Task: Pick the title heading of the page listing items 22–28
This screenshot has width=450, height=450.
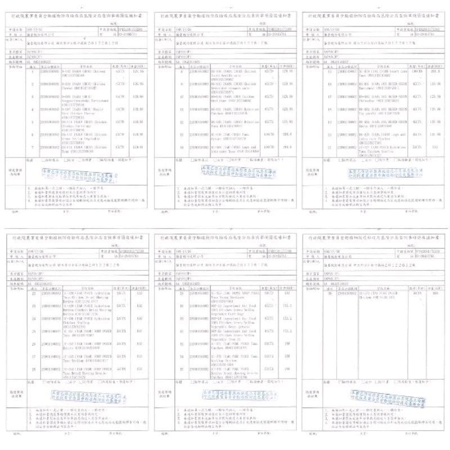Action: coord(79,238)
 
